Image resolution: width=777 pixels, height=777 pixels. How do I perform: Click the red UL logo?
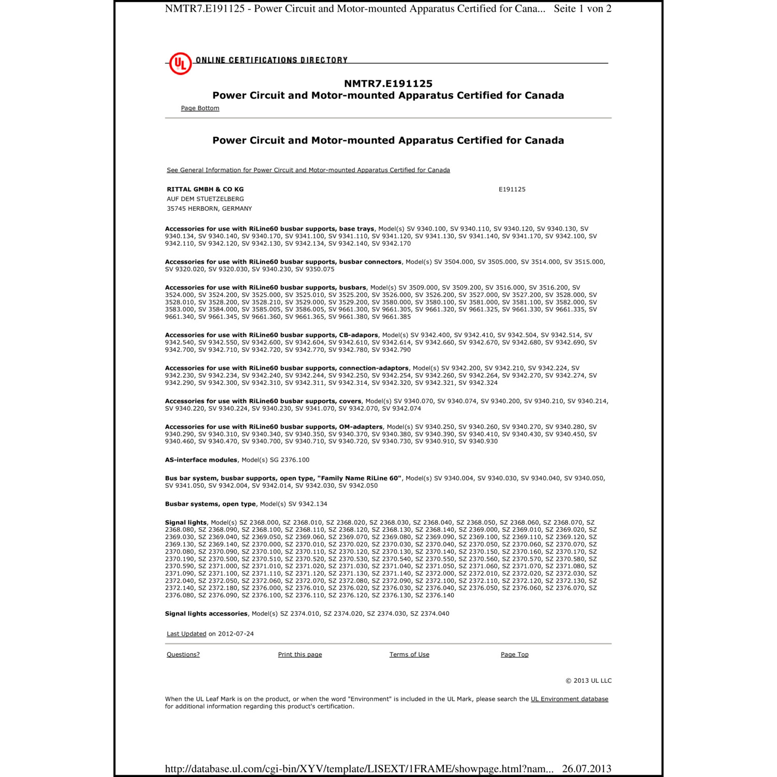[180, 64]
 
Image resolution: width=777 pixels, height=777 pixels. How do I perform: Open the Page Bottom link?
[200, 108]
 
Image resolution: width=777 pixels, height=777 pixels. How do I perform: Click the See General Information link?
[308, 170]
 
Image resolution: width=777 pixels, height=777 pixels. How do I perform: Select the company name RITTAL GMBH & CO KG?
[205, 190]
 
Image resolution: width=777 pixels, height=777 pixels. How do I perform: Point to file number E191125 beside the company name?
[512, 190]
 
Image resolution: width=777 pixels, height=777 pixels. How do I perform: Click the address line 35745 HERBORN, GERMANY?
[209, 209]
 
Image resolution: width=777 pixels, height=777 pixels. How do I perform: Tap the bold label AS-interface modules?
[201, 460]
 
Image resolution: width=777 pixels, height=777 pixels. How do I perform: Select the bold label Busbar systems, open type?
[210, 504]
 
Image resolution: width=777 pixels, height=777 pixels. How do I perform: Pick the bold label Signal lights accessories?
[206, 614]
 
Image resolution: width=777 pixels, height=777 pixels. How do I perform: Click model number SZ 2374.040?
[429, 614]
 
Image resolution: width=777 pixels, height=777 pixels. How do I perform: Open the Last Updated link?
[186, 634]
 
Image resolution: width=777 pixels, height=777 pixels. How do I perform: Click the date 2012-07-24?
[236, 634]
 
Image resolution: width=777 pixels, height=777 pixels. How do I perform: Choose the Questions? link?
[183, 655]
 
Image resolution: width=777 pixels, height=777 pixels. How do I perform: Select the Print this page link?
[300, 655]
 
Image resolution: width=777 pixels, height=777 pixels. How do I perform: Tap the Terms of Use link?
[409, 655]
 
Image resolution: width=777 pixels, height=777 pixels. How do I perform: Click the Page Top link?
[514, 655]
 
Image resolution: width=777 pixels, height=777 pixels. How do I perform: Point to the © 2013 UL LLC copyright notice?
[588, 681]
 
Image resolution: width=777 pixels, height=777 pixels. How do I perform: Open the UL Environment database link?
[569, 699]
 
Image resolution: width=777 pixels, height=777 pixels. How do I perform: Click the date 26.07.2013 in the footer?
[586, 769]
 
